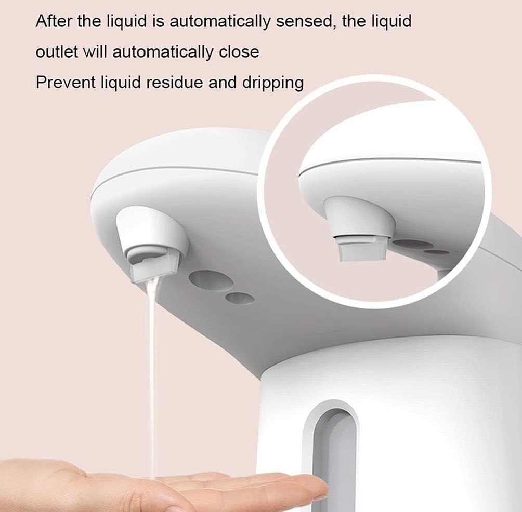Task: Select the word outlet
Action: pos(57,52)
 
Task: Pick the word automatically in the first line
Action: pos(220,22)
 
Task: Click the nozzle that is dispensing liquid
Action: pos(151,245)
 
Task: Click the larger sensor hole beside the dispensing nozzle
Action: pos(211,280)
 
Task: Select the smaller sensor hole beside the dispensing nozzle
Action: pos(240,298)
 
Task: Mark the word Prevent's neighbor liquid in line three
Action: pos(121,83)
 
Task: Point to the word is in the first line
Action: pos(159,21)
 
